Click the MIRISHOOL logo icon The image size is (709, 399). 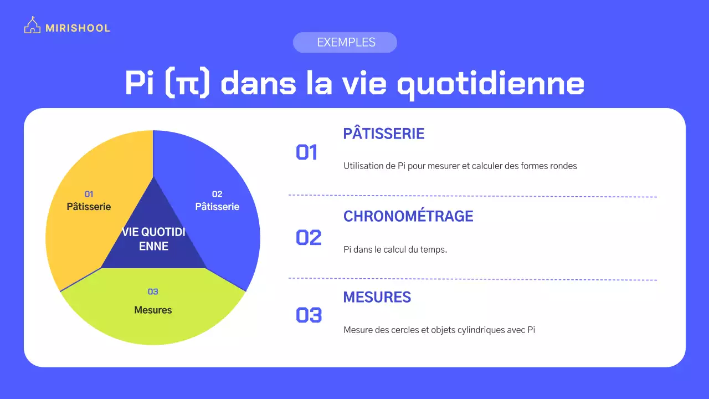coord(33,26)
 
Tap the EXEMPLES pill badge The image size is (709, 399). coord(345,43)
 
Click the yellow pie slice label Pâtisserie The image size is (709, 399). coord(89,207)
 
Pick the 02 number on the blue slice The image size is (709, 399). coord(217,194)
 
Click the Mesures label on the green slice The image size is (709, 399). coord(153,310)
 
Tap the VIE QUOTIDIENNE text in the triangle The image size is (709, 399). coord(153,239)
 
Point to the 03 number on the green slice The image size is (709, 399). coord(153,291)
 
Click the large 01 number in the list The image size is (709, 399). coord(307,152)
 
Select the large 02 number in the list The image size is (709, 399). coord(309,238)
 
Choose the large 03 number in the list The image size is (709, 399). coord(309,315)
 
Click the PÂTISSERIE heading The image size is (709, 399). coord(384,134)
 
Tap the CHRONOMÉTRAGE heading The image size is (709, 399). coord(408,216)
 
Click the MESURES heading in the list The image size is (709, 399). coord(377,297)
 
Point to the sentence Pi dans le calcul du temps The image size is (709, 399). coord(395,249)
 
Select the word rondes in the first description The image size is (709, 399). coord(563,166)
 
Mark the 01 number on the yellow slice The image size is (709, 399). coord(89,194)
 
